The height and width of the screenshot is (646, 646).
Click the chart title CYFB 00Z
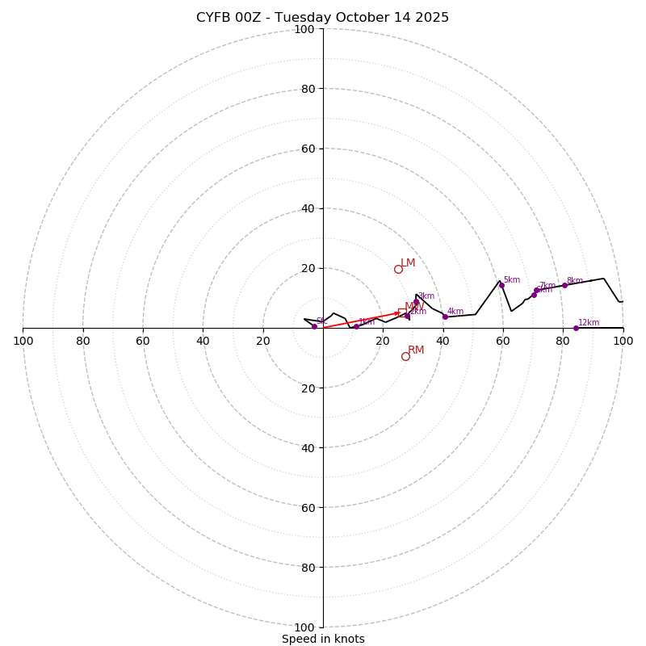tap(322, 18)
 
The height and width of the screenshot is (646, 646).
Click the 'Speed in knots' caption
tap(323, 639)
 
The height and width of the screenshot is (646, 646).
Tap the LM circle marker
tap(398, 269)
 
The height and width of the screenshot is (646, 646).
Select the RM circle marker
tap(405, 356)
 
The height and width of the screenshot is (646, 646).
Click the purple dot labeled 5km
tap(501, 285)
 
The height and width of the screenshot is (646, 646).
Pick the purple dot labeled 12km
tap(576, 328)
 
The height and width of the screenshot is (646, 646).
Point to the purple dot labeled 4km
tap(445, 317)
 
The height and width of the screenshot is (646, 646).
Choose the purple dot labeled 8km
tap(564, 285)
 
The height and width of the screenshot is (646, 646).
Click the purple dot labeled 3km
tap(417, 302)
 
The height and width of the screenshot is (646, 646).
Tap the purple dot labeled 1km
tap(356, 326)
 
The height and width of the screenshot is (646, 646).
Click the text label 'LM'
tap(408, 262)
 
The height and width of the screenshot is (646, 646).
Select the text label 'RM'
tap(416, 350)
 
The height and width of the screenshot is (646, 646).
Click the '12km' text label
tap(589, 323)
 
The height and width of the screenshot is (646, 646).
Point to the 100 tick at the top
tap(304, 29)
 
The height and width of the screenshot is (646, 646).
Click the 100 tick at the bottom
tap(304, 627)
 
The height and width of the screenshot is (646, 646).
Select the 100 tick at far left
tap(23, 341)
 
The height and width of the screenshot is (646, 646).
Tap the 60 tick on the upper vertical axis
tap(308, 149)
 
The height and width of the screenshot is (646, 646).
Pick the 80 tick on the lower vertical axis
tap(308, 567)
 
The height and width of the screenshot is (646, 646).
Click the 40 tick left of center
tap(203, 341)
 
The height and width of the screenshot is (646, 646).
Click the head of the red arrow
tap(399, 313)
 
